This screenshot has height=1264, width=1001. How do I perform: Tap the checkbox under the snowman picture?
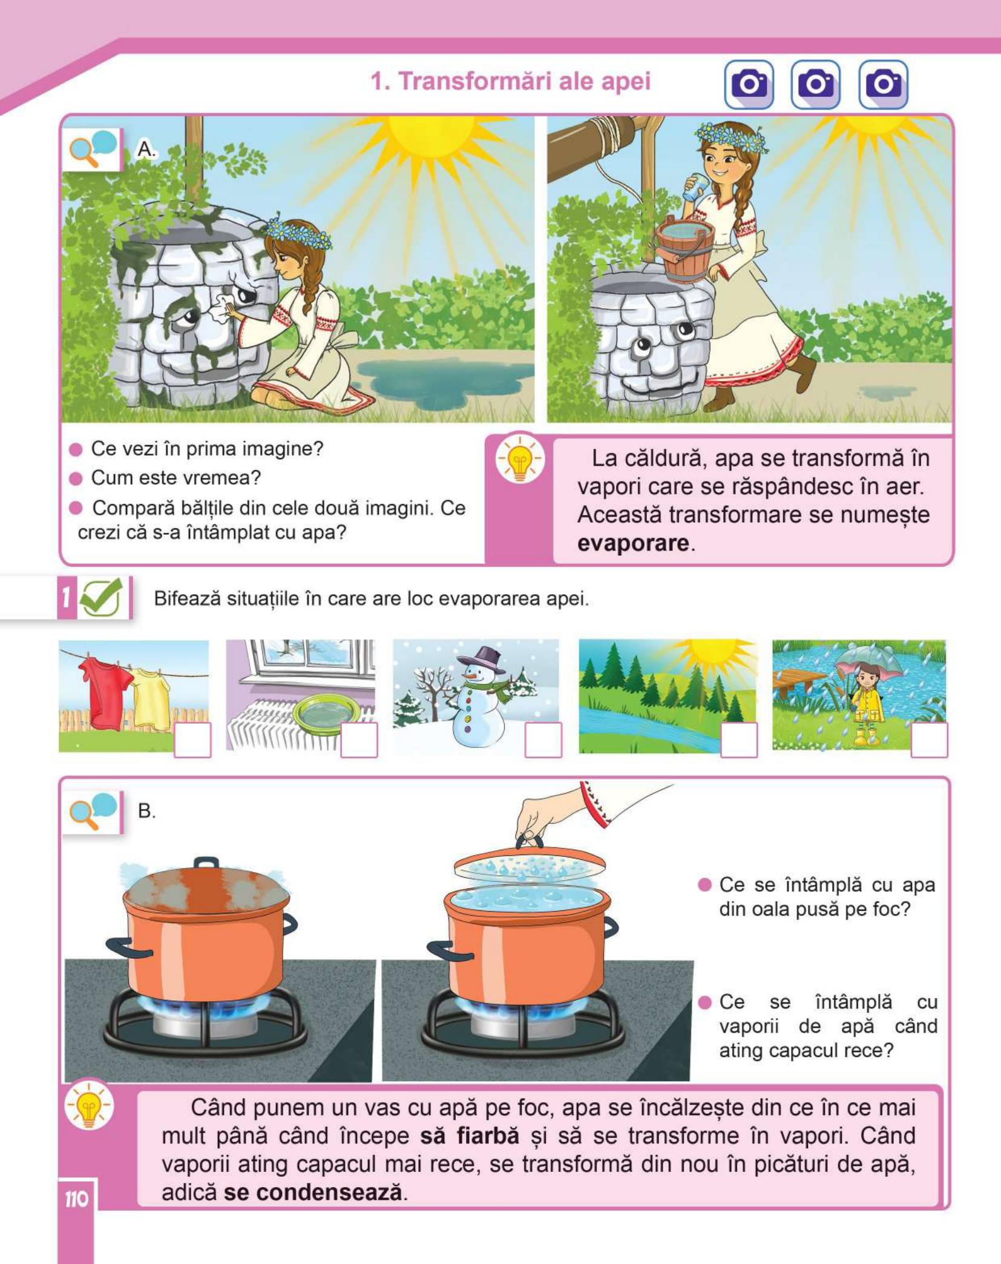[x=543, y=740]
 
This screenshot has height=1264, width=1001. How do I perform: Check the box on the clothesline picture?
[x=192, y=740]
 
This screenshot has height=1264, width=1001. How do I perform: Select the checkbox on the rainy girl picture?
[x=929, y=740]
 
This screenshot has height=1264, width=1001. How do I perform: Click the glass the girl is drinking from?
[x=693, y=188]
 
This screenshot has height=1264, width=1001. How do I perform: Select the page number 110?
[x=77, y=1199]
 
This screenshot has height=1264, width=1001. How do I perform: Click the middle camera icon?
[x=815, y=84]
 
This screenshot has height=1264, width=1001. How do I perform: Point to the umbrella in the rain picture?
[x=867, y=669]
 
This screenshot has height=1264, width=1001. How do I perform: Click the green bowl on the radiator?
[x=326, y=713]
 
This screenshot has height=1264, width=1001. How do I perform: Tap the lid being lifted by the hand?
[x=529, y=864]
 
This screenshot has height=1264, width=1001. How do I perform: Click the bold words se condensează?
[x=313, y=1193]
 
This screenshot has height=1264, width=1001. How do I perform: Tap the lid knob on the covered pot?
[x=206, y=862]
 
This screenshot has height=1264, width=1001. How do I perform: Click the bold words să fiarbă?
[x=470, y=1136]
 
